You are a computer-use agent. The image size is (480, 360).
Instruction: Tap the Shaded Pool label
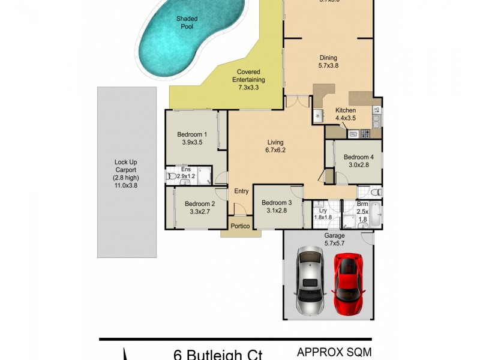pos(187,23)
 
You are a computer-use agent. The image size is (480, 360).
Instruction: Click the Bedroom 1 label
pos(192,139)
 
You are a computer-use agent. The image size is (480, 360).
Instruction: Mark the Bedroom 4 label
pos(359,161)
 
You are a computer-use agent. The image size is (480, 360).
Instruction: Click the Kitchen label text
pos(346,110)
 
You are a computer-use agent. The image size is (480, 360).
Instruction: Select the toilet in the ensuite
pos(170,177)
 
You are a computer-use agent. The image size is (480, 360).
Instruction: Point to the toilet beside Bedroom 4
pos(375,193)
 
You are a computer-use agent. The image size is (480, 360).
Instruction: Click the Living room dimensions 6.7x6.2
pos(276,151)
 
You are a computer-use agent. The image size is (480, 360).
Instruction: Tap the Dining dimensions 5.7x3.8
pos(328,66)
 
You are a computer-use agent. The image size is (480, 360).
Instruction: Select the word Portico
pos(241,226)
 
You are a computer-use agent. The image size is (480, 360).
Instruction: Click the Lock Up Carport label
pos(126,173)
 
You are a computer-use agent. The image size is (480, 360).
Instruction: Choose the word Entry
pos(241,191)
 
